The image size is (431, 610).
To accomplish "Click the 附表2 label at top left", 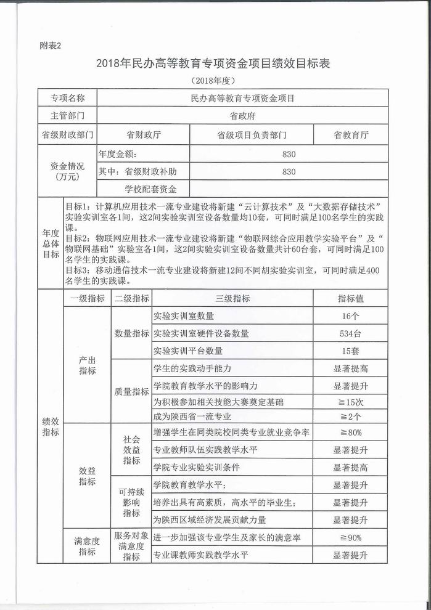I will (x=51, y=45).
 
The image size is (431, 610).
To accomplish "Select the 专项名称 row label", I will (x=67, y=98).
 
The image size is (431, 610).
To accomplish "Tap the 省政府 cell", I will (x=242, y=115).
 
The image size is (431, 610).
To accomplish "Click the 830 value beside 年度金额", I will (x=289, y=154).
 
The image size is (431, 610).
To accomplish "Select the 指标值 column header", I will (x=350, y=298).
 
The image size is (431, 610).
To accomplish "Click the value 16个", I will (x=350, y=316).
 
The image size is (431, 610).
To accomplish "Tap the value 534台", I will (x=350, y=333).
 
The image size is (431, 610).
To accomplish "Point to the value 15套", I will (x=350, y=351).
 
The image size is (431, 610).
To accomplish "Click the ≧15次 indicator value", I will (x=350, y=402).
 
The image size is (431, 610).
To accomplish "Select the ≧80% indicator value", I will (x=350, y=433).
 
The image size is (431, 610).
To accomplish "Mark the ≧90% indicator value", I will (x=350, y=538).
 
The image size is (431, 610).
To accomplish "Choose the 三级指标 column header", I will (x=232, y=298).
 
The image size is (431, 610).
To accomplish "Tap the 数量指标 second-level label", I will (x=131, y=333).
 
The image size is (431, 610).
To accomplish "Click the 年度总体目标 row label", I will (x=51, y=244).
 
